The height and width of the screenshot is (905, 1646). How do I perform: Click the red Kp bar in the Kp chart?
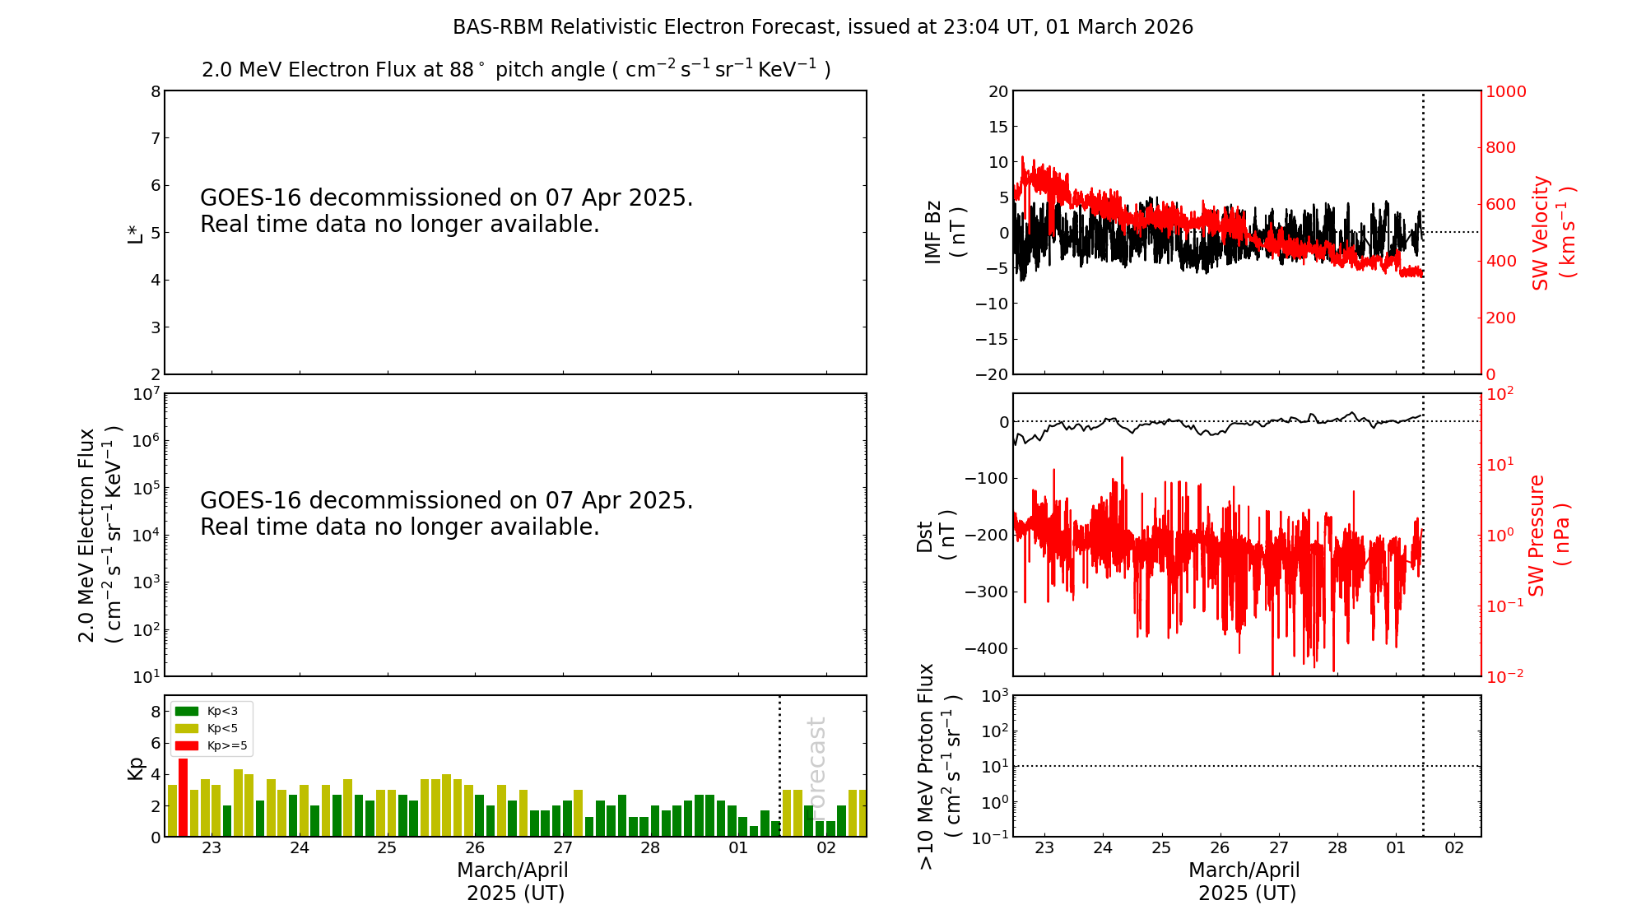click(x=183, y=796)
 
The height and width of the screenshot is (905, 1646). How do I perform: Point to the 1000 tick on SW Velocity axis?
click(x=1505, y=91)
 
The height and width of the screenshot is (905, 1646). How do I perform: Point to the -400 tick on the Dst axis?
click(x=986, y=648)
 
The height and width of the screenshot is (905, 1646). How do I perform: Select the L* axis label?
click(x=135, y=233)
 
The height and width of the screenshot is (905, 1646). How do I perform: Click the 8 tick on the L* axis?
click(x=155, y=91)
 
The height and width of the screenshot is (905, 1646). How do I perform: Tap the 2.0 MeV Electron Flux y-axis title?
click(x=99, y=535)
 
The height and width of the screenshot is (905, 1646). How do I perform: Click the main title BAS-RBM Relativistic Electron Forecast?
click(x=823, y=27)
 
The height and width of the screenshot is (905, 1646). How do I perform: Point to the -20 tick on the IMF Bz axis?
click(x=992, y=374)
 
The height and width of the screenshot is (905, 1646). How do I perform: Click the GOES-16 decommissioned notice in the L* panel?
click(x=446, y=211)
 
